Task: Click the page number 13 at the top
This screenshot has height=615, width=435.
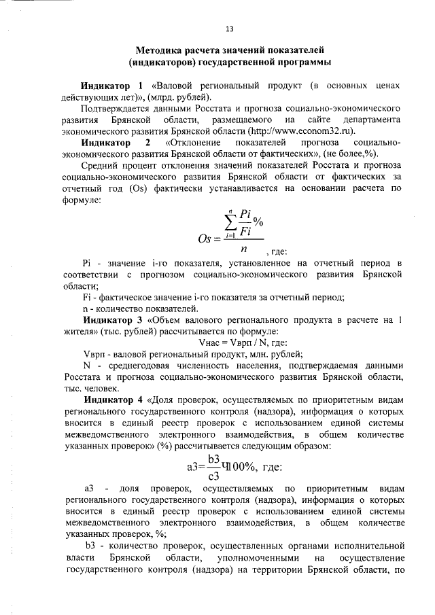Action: tap(229, 29)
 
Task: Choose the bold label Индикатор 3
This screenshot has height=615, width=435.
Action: tap(113, 319)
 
